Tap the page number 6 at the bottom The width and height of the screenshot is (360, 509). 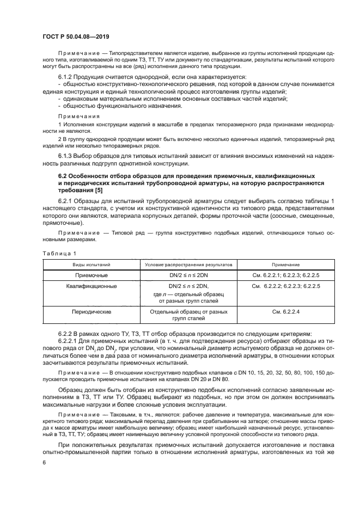pyautogui.click(x=45, y=463)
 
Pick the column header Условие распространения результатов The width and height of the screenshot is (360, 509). pyautogui.click(x=188, y=264)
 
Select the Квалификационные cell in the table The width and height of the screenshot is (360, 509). pyautogui.click(x=90, y=286)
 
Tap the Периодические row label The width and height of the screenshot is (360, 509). pyautogui.click(x=90, y=312)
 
